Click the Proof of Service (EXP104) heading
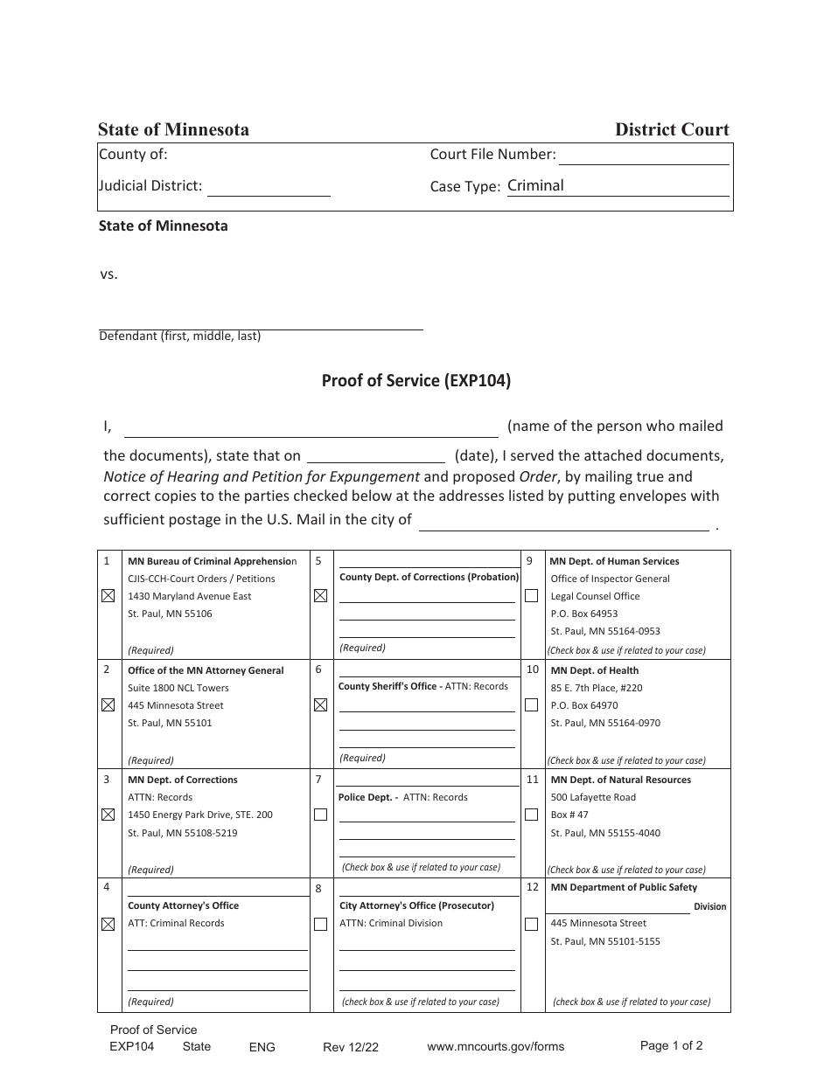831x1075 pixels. pyautogui.click(x=415, y=380)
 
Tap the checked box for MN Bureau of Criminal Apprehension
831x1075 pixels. pyautogui.click(x=108, y=596)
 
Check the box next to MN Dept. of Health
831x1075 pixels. pyautogui.click(x=531, y=705)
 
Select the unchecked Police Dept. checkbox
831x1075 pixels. pyautogui.click(x=320, y=815)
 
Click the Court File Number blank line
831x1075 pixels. pyautogui.click(x=643, y=157)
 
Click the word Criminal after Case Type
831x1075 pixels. pyautogui.click(x=535, y=185)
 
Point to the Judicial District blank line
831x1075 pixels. pyautogui.click(x=269, y=189)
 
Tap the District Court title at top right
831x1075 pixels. pyautogui.click(x=671, y=129)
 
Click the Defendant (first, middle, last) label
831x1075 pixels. pyautogui.click(x=179, y=336)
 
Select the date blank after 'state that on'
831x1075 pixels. pyautogui.click(x=376, y=455)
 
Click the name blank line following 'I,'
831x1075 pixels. pyautogui.click(x=311, y=428)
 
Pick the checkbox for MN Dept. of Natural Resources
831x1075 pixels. pyautogui.click(x=531, y=815)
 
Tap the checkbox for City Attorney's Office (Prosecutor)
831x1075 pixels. pyautogui.click(x=320, y=924)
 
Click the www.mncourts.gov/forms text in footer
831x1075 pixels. pyautogui.click(x=495, y=1046)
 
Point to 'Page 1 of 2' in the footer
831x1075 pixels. pyautogui.click(x=671, y=1045)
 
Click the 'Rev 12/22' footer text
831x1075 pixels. pyautogui.click(x=350, y=1047)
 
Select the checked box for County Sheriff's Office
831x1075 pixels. pyautogui.click(x=320, y=705)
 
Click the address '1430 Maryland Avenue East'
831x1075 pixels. pyautogui.click(x=189, y=596)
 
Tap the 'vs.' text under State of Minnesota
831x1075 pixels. pyautogui.click(x=108, y=274)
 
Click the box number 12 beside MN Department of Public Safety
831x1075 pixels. pyautogui.click(x=533, y=887)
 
